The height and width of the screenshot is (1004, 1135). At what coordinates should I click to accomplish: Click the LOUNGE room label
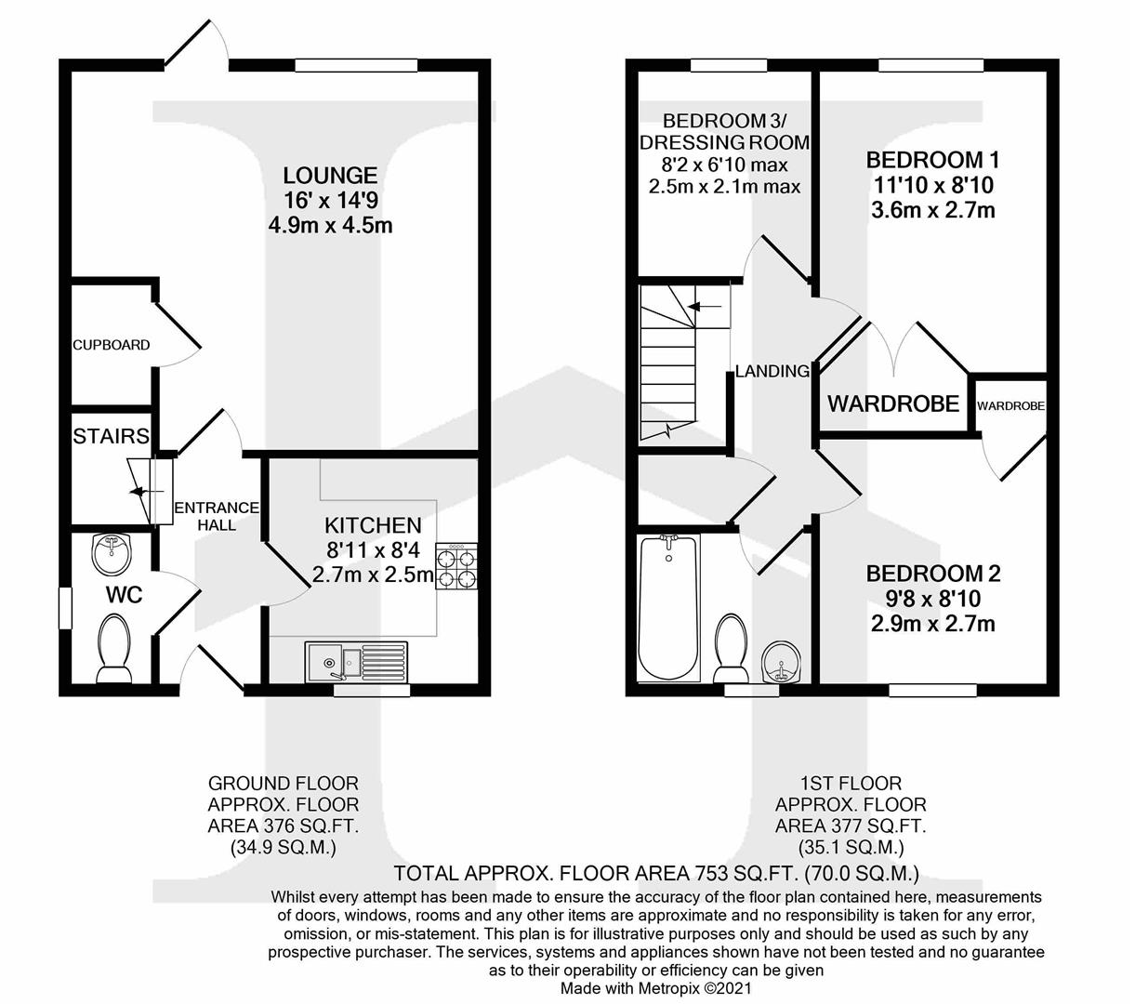click(x=317, y=175)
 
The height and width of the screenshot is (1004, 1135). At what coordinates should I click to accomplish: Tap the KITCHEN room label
click(x=373, y=525)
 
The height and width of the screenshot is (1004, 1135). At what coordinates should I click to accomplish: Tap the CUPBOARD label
click(x=112, y=345)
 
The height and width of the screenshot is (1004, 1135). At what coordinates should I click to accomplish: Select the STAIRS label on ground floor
click(x=112, y=435)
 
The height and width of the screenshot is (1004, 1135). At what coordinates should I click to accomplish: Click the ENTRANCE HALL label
click(x=217, y=516)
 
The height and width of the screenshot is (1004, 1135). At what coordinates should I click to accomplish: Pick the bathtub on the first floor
click(x=667, y=608)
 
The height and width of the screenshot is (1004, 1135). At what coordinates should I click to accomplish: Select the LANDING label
click(x=772, y=371)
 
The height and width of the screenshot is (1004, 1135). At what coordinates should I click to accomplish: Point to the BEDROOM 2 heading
click(x=932, y=573)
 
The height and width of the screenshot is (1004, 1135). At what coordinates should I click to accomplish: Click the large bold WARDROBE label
click(x=892, y=403)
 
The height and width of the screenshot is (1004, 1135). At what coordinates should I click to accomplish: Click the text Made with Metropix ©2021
click(x=655, y=988)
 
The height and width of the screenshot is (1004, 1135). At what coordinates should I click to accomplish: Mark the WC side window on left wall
click(x=65, y=609)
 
